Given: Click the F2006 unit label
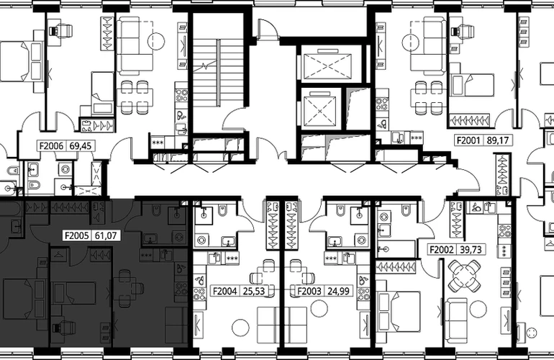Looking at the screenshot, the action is point(51,145).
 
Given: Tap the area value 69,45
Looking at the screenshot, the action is point(82,145).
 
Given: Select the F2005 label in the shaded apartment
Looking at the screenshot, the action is point(76,235).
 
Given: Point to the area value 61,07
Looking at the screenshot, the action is point(106,235).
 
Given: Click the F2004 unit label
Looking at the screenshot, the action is point(224,291).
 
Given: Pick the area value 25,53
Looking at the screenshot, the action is point(254,291).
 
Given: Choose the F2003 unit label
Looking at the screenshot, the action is point(309,291).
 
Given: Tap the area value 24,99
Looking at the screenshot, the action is point(338,291).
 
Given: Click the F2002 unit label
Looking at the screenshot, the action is point(441,250).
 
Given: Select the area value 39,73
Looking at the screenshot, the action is point(471,250).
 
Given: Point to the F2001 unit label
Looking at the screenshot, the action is point(468,140).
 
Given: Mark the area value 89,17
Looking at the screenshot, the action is point(497,140).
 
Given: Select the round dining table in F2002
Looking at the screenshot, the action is point(464,275).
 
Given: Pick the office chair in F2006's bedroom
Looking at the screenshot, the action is point(61,30).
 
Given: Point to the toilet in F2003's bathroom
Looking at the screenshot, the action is point(339,210).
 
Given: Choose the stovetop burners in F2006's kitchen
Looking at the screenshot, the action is point(182,96).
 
